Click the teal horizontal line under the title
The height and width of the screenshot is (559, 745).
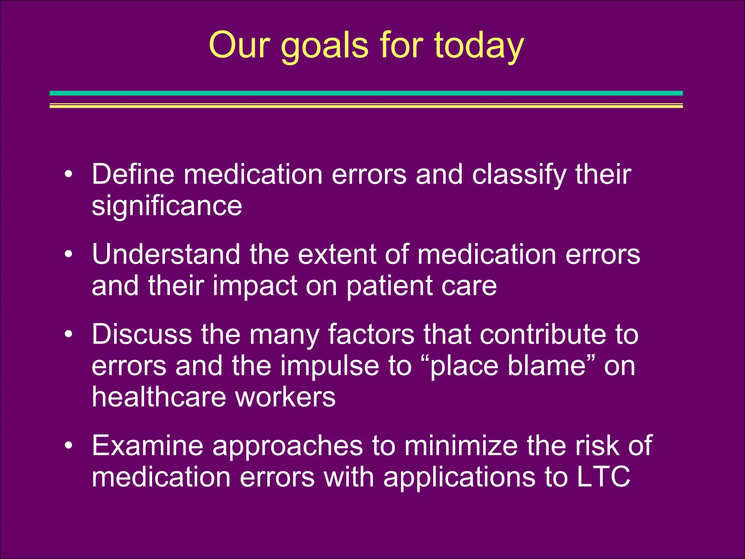(x=366, y=93)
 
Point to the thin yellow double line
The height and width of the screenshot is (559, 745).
(x=366, y=106)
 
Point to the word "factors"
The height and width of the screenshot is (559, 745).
(x=371, y=334)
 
